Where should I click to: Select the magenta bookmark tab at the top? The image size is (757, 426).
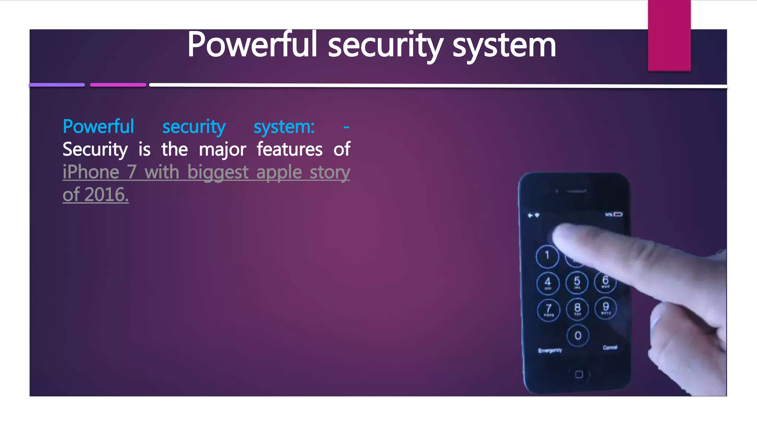(669, 35)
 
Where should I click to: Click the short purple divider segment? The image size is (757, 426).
(57, 85)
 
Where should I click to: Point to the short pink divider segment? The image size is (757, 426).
(118, 85)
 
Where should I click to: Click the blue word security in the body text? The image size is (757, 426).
(194, 127)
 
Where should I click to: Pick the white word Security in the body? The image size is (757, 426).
(95, 150)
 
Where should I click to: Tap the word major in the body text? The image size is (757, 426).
(222, 150)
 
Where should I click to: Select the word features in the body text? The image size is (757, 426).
(289, 149)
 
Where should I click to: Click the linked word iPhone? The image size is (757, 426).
(91, 172)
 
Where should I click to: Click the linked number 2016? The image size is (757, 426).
(106, 195)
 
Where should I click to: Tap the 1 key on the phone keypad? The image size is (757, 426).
(547, 256)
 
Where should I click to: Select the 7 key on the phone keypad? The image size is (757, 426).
(549, 310)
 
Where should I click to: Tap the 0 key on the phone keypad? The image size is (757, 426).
(578, 335)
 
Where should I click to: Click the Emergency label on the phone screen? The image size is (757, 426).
(550, 350)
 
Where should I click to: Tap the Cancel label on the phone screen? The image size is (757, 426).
(610, 347)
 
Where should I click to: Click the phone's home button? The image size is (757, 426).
(579, 375)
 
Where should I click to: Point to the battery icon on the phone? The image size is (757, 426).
(618, 214)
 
